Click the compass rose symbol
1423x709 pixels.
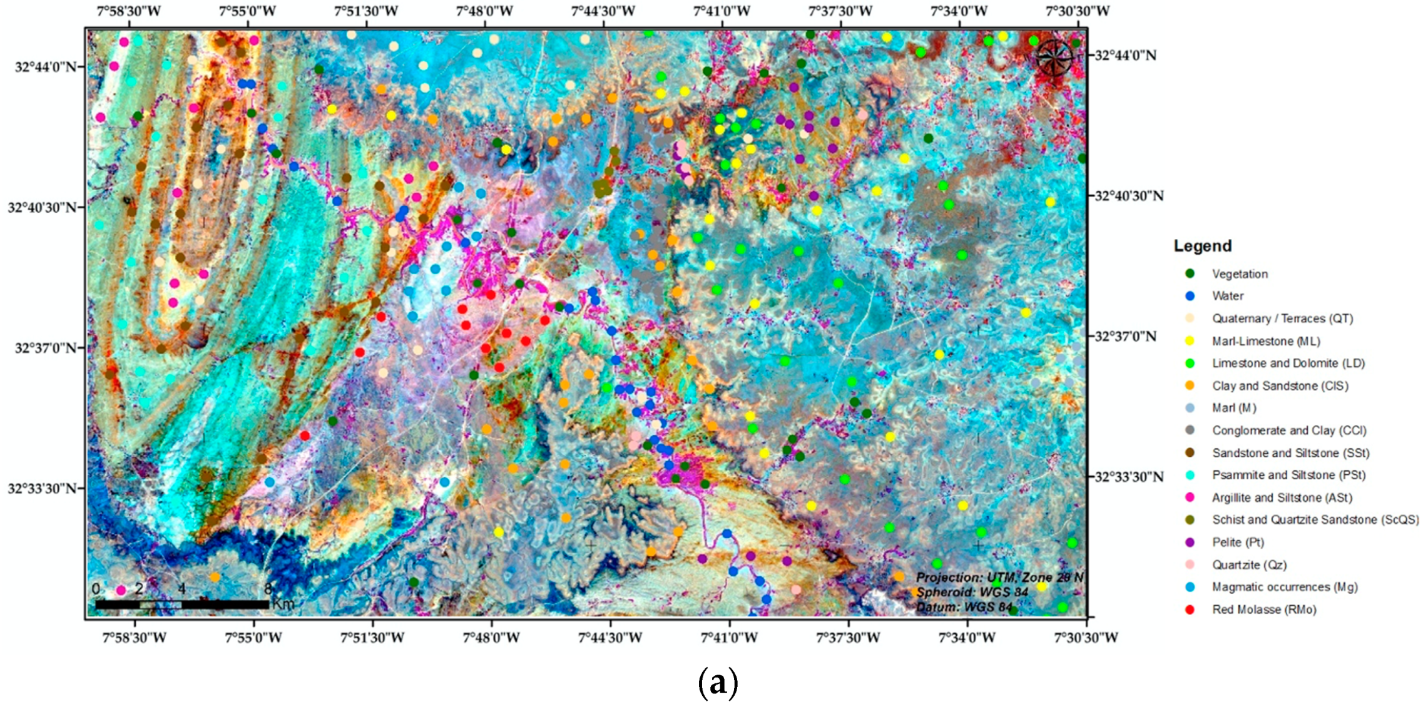[x=1055, y=57]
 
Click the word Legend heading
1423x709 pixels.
[x=1202, y=246]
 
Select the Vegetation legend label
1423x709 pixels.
[x=1240, y=274]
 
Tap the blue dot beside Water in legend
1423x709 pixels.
[x=1190, y=296]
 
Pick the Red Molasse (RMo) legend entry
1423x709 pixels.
[x=1264, y=610]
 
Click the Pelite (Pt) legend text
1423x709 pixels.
[x=1238, y=543]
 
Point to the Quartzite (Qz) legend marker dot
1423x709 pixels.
[x=1190, y=564]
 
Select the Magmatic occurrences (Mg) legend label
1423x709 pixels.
[x=1285, y=587]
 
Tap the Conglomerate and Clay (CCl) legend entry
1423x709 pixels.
[x=1289, y=431]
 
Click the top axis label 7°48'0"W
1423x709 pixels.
[x=484, y=11]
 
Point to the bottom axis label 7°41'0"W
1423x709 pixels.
[x=729, y=638]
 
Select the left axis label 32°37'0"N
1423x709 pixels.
[x=44, y=348]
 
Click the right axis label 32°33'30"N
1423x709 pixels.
[x=1128, y=477]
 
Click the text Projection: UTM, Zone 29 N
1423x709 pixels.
[x=999, y=578]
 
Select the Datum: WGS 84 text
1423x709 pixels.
[x=964, y=607]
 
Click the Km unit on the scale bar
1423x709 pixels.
[x=283, y=604]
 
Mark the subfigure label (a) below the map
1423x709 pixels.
[x=718, y=683]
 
